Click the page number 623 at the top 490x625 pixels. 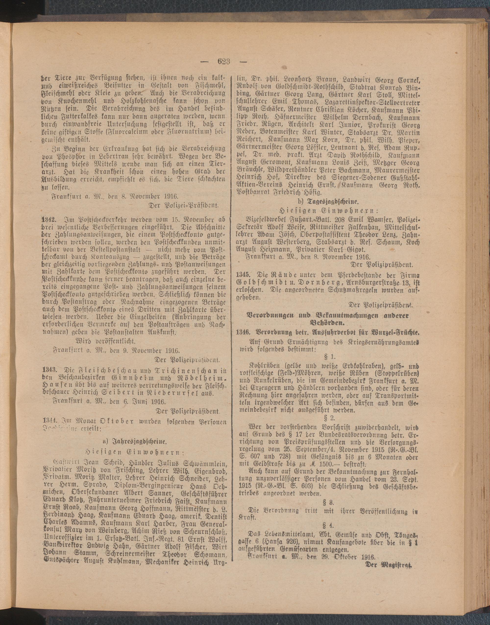pyautogui.click(x=224, y=62)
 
